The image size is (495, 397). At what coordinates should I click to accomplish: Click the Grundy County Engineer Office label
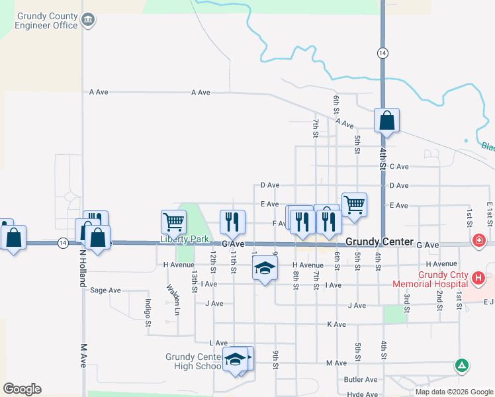[46, 20]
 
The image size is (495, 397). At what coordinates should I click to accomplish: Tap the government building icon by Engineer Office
[87, 20]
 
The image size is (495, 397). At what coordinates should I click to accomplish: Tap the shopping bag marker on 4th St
[387, 121]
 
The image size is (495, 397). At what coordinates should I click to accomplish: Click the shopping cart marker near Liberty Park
[174, 222]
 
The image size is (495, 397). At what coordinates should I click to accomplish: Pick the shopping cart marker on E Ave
[355, 204]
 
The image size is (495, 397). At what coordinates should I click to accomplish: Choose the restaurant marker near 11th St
[232, 222]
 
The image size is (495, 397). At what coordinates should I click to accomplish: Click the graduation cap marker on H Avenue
[264, 269]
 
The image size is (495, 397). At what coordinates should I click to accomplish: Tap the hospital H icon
[479, 279]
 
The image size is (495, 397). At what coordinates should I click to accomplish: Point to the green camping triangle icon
[462, 365]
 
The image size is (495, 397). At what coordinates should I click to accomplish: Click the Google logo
[22, 388]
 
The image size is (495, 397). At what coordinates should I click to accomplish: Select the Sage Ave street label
[106, 290]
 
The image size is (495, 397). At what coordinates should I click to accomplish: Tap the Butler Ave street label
[361, 379]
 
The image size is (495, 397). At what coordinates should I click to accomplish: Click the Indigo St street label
[148, 312]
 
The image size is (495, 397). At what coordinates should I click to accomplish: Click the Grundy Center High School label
[193, 361]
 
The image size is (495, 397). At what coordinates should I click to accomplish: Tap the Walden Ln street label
[173, 298]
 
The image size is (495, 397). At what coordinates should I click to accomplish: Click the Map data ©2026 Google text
[454, 392]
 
